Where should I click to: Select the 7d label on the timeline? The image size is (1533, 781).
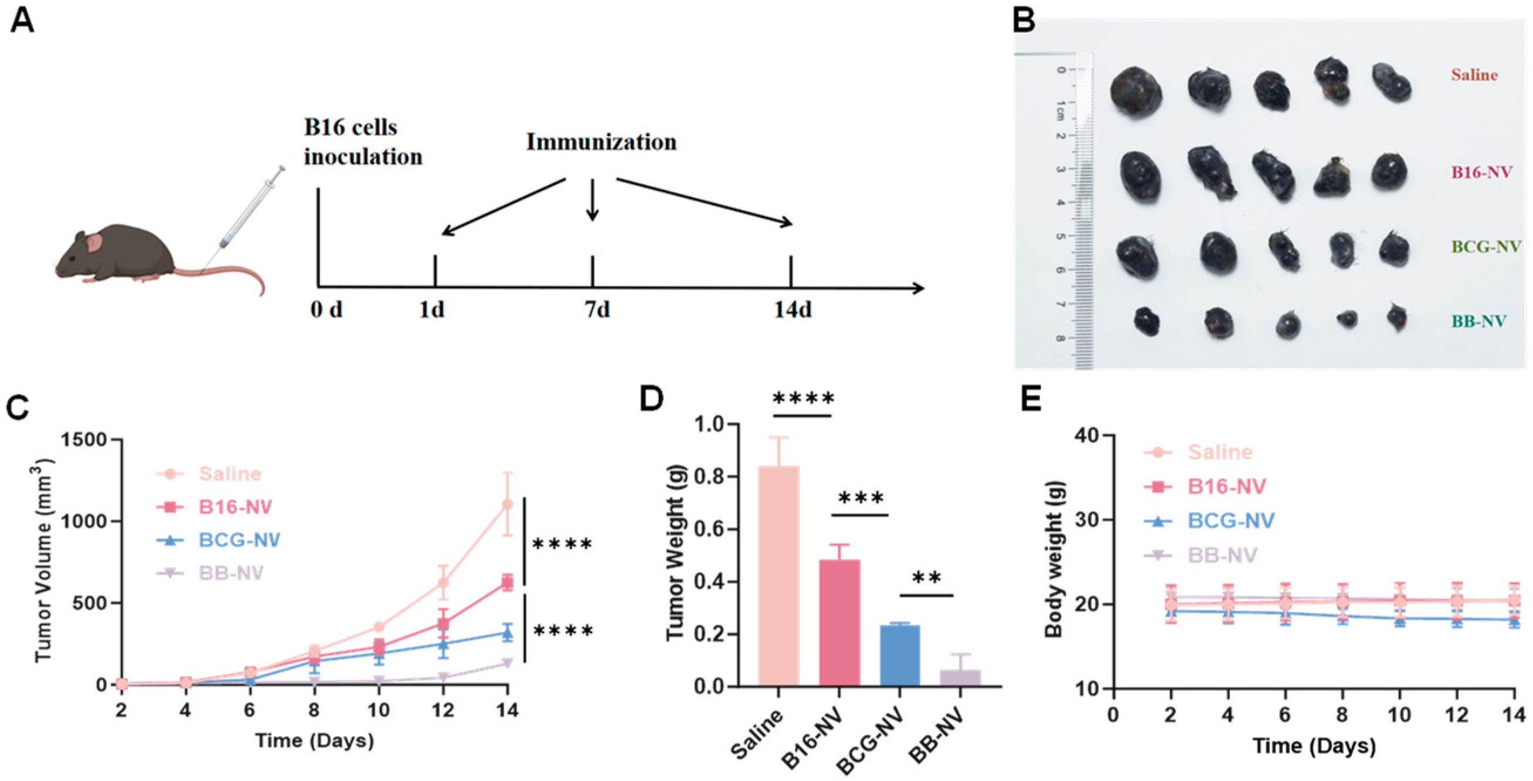click(597, 310)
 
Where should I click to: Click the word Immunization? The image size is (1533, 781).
click(601, 142)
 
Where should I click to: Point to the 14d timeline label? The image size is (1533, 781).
click(793, 310)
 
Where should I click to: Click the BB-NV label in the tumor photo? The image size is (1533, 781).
click(1478, 322)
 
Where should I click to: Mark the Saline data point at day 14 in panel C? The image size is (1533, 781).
click(507, 504)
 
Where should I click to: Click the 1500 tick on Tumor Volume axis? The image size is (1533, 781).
click(89, 440)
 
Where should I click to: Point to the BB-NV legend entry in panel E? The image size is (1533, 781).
click(1222, 555)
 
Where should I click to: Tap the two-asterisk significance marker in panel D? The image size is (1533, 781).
click(927, 578)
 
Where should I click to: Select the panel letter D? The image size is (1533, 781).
click(652, 398)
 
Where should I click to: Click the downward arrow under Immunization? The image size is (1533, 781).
click(592, 200)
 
